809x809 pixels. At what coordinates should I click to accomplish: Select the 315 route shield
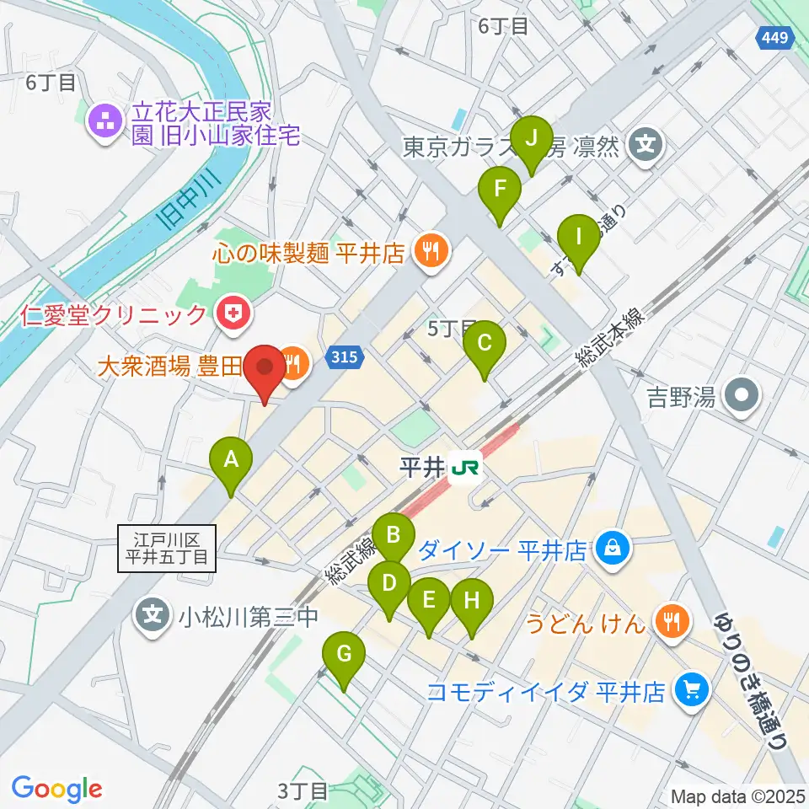pos(348,357)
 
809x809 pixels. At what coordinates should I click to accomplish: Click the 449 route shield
pos(773,37)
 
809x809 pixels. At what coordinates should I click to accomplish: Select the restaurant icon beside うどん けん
pos(672,623)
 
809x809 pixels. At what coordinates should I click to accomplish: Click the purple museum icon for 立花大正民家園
pos(106,123)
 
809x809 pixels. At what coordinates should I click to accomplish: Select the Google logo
pos(57,788)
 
